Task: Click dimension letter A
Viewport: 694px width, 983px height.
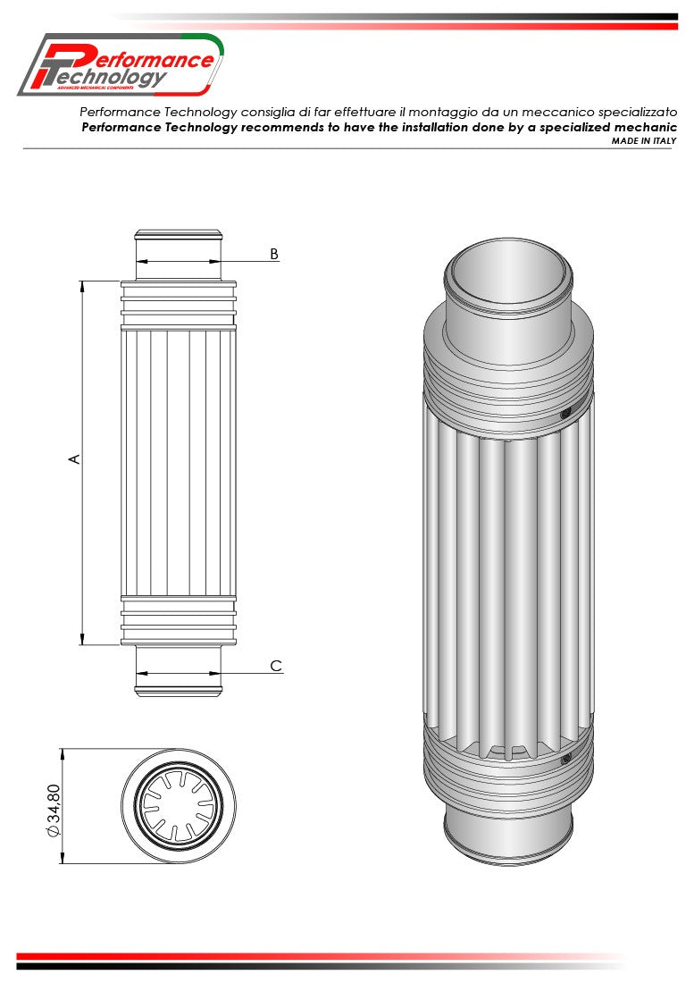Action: [75, 458]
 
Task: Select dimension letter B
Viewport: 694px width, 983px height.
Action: [274, 254]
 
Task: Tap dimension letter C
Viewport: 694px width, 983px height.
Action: [276, 666]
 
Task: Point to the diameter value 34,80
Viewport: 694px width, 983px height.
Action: [54, 809]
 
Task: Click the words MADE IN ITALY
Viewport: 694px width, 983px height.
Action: [643, 141]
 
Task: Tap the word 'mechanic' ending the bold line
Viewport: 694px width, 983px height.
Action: [643, 127]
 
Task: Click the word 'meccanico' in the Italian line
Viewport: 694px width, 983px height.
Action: [529, 112]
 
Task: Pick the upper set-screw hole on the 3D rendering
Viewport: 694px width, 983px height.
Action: [564, 413]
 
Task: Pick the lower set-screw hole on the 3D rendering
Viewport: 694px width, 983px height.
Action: [564, 760]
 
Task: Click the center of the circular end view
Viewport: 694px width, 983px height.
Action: [179, 806]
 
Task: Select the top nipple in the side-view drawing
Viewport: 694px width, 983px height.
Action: [179, 255]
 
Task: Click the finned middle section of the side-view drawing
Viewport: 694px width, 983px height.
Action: [179, 460]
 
